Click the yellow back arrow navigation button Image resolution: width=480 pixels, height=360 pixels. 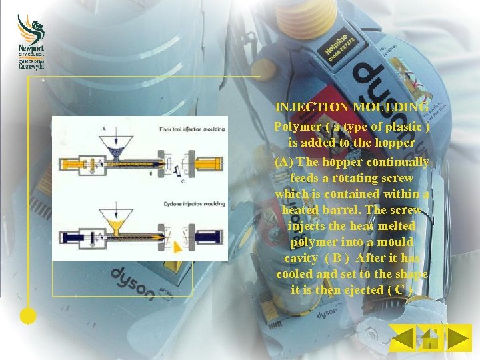403,338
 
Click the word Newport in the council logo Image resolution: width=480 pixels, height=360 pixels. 31,49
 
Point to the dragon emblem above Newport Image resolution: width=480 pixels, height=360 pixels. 31,28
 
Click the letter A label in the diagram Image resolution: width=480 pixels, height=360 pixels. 104,129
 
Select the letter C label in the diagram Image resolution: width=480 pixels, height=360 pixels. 183,181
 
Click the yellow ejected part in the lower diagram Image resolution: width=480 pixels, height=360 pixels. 178,248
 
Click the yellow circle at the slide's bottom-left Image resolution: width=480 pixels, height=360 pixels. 28,316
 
